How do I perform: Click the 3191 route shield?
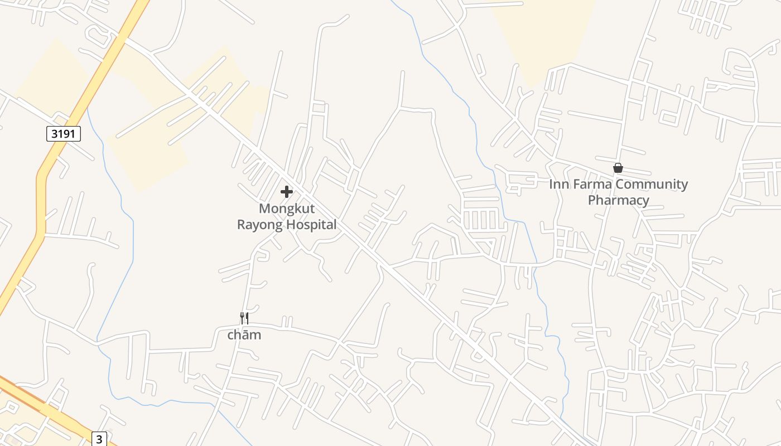pyautogui.click(x=63, y=134)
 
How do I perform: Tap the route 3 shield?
pyautogui.click(x=99, y=439)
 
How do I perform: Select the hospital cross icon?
pyautogui.click(x=287, y=192)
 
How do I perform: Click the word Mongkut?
pyautogui.click(x=287, y=209)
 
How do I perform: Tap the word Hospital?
pyautogui.click(x=311, y=225)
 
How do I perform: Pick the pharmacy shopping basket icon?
pyautogui.click(x=618, y=168)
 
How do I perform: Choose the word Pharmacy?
pyautogui.click(x=619, y=200)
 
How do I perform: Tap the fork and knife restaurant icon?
pyautogui.click(x=244, y=318)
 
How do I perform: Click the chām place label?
pyautogui.click(x=244, y=334)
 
